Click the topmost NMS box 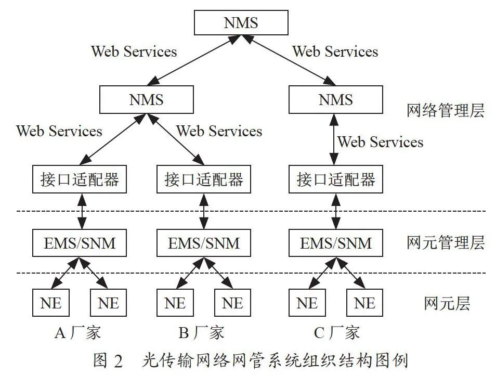241,22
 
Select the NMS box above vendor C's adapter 336,99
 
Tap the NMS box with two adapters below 147,99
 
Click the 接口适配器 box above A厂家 80,179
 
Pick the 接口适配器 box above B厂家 204,179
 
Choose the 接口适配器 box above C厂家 336,179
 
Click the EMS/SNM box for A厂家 80,243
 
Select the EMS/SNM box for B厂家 204,243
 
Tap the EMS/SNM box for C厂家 336,243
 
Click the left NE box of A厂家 50,303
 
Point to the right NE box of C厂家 365,303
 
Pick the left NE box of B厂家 175,303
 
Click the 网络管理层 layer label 446,111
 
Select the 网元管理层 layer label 446,243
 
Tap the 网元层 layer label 447,303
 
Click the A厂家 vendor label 78,332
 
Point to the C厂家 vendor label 336,332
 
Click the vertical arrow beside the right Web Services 334,139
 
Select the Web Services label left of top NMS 134,51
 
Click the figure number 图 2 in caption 108,360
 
